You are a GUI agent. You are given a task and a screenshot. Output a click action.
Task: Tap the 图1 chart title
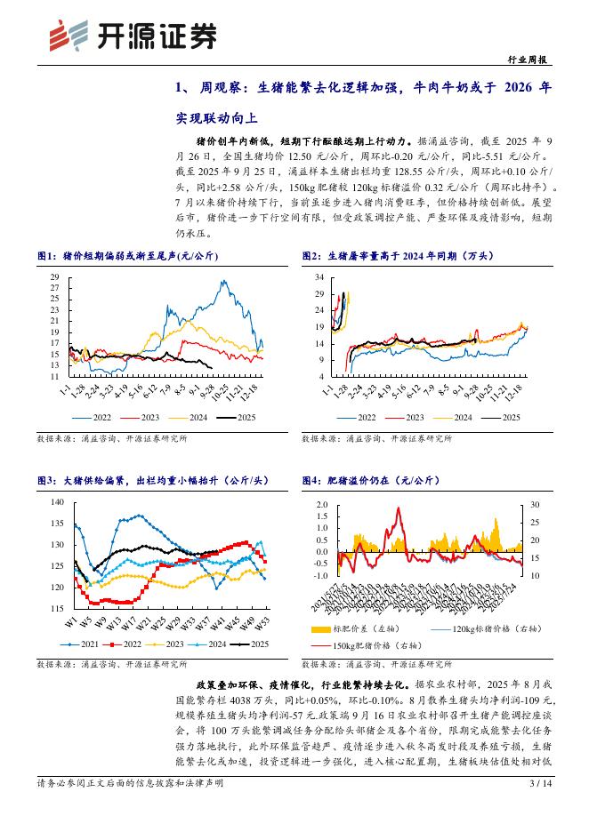[x=127, y=256]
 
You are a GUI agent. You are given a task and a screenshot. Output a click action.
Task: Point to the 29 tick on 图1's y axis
[x=54, y=277]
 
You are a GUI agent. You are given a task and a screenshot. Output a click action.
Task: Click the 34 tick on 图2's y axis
[x=319, y=277]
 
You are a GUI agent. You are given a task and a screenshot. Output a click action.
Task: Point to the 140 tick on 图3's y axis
[x=57, y=502]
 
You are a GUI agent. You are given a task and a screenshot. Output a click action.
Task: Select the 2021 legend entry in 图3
[x=86, y=644]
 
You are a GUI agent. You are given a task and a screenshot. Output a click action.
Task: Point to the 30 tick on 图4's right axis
[x=535, y=505]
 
